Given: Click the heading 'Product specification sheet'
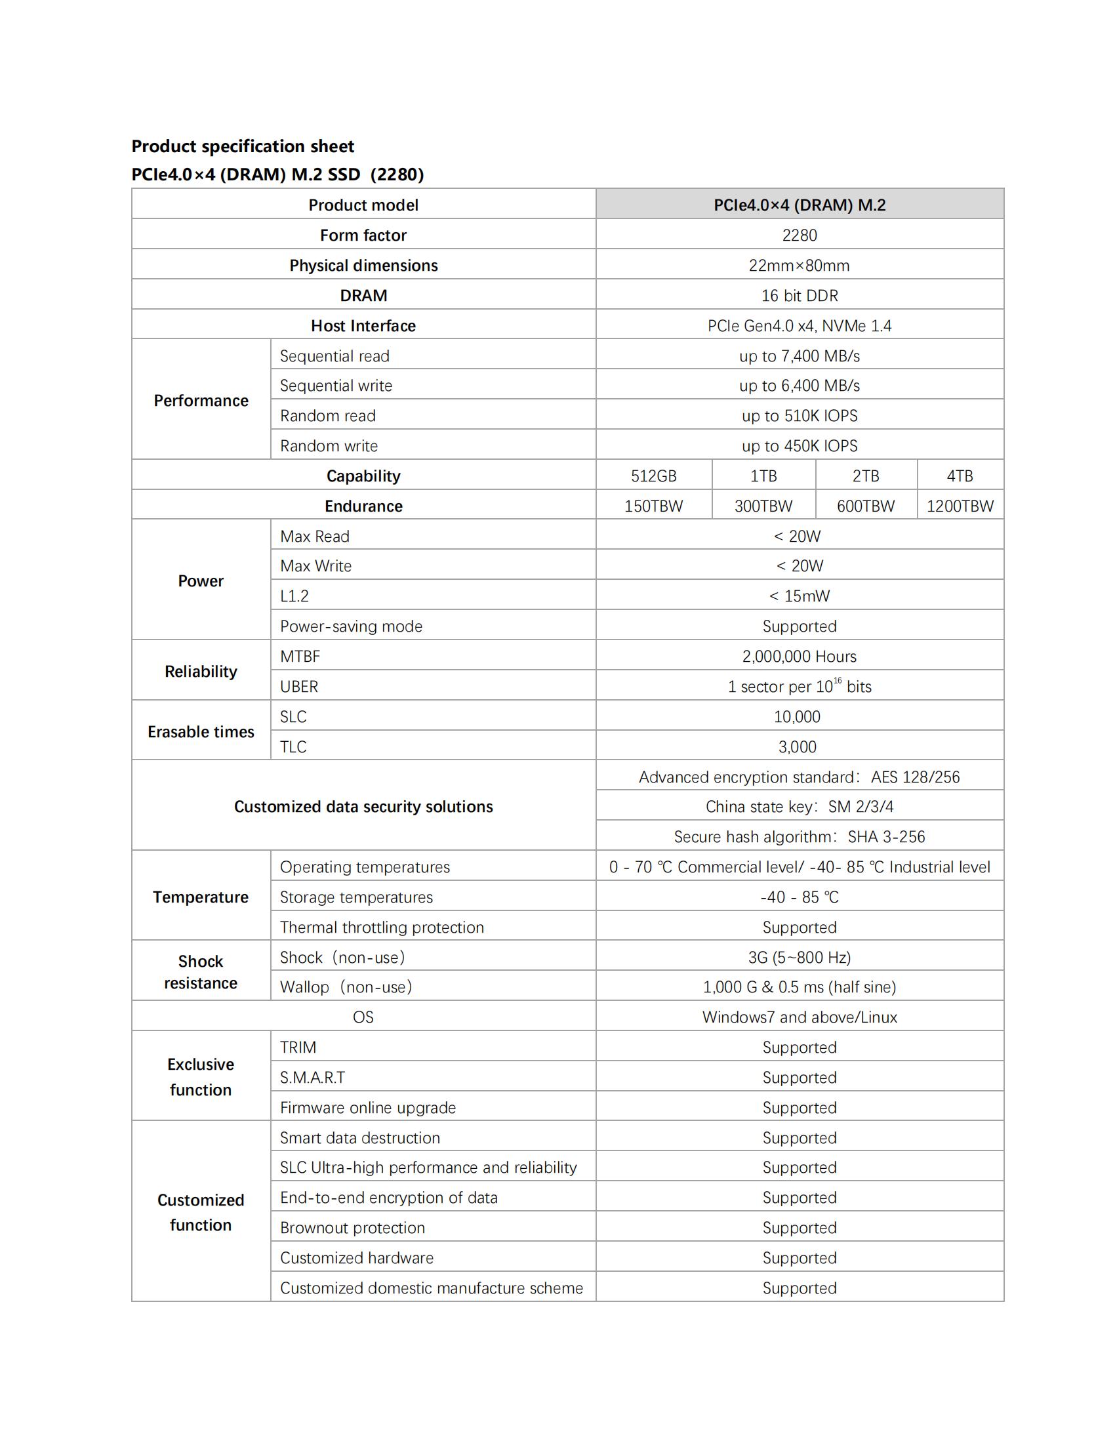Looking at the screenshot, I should [243, 146].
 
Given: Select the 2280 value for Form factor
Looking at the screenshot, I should [800, 235].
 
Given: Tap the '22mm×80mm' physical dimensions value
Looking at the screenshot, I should [800, 266].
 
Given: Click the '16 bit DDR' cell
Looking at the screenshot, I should [800, 295].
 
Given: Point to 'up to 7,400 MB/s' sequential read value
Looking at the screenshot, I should [800, 356].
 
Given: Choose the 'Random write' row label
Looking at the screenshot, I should [329, 446].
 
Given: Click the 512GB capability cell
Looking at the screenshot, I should [653, 476].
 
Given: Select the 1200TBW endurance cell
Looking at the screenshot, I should [960, 506].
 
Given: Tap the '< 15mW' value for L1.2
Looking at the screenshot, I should [800, 596].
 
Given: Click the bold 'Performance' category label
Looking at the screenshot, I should [201, 400].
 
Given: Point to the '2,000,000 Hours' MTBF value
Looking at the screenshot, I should [800, 656].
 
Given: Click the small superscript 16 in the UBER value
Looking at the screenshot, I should [838, 681].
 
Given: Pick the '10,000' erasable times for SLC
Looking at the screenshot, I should [797, 717].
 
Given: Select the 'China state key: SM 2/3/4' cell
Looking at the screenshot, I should [800, 807].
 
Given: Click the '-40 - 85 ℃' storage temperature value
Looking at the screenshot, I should [800, 897].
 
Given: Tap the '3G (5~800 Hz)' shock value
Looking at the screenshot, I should [800, 958].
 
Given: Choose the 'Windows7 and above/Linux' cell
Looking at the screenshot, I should [800, 1017].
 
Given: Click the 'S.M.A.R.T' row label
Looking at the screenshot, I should [312, 1078].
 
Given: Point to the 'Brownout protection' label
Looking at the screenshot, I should [352, 1228].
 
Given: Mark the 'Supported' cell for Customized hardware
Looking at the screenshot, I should [800, 1258].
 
